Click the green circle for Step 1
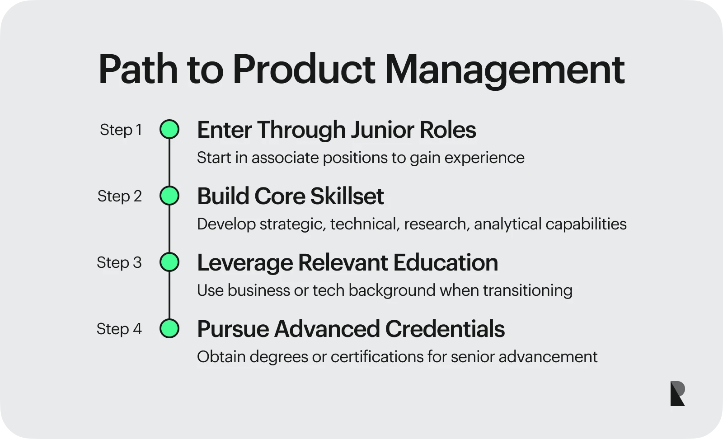169,129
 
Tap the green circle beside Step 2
169,196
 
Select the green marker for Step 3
169,262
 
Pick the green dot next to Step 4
169,328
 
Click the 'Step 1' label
121,130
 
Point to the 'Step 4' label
119,329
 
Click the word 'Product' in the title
304,69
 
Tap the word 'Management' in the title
505,71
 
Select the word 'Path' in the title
138,69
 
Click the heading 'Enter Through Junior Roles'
336,130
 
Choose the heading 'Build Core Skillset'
291,196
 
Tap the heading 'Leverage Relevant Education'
347,263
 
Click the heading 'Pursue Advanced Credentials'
351,329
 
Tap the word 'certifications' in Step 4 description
377,357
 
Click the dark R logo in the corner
677,393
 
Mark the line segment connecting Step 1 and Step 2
169,163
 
